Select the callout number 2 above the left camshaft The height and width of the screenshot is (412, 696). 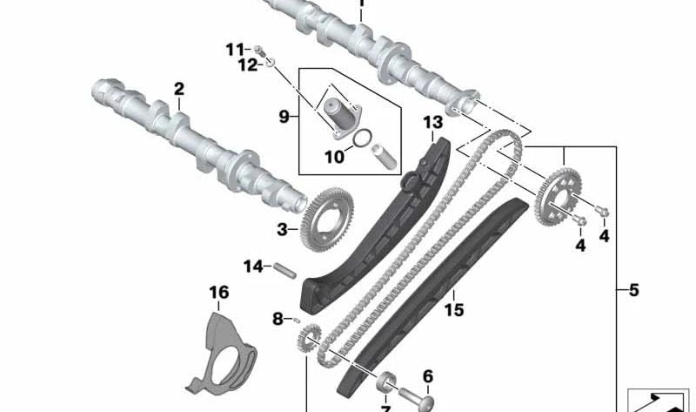click(x=179, y=89)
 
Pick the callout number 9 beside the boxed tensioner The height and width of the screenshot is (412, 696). click(x=283, y=115)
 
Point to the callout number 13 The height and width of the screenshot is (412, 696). click(x=433, y=123)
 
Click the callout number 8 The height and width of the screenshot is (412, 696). click(x=278, y=320)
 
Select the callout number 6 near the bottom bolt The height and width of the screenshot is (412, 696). click(x=427, y=376)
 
